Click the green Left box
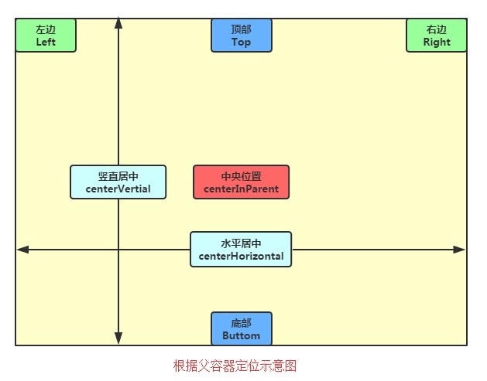click(46, 36)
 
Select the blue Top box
click(242, 36)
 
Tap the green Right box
click(437, 36)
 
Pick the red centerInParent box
click(242, 182)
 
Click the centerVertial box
click(118, 182)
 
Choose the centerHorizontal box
click(241, 250)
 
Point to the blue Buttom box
click(242, 328)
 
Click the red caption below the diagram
click(235, 366)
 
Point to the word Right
click(437, 43)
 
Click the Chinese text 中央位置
click(242, 176)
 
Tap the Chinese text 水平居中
click(241, 243)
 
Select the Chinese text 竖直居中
click(118, 176)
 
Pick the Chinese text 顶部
click(242, 29)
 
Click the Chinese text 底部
click(242, 323)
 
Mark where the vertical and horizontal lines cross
click(118, 250)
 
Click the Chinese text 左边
click(46, 29)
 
